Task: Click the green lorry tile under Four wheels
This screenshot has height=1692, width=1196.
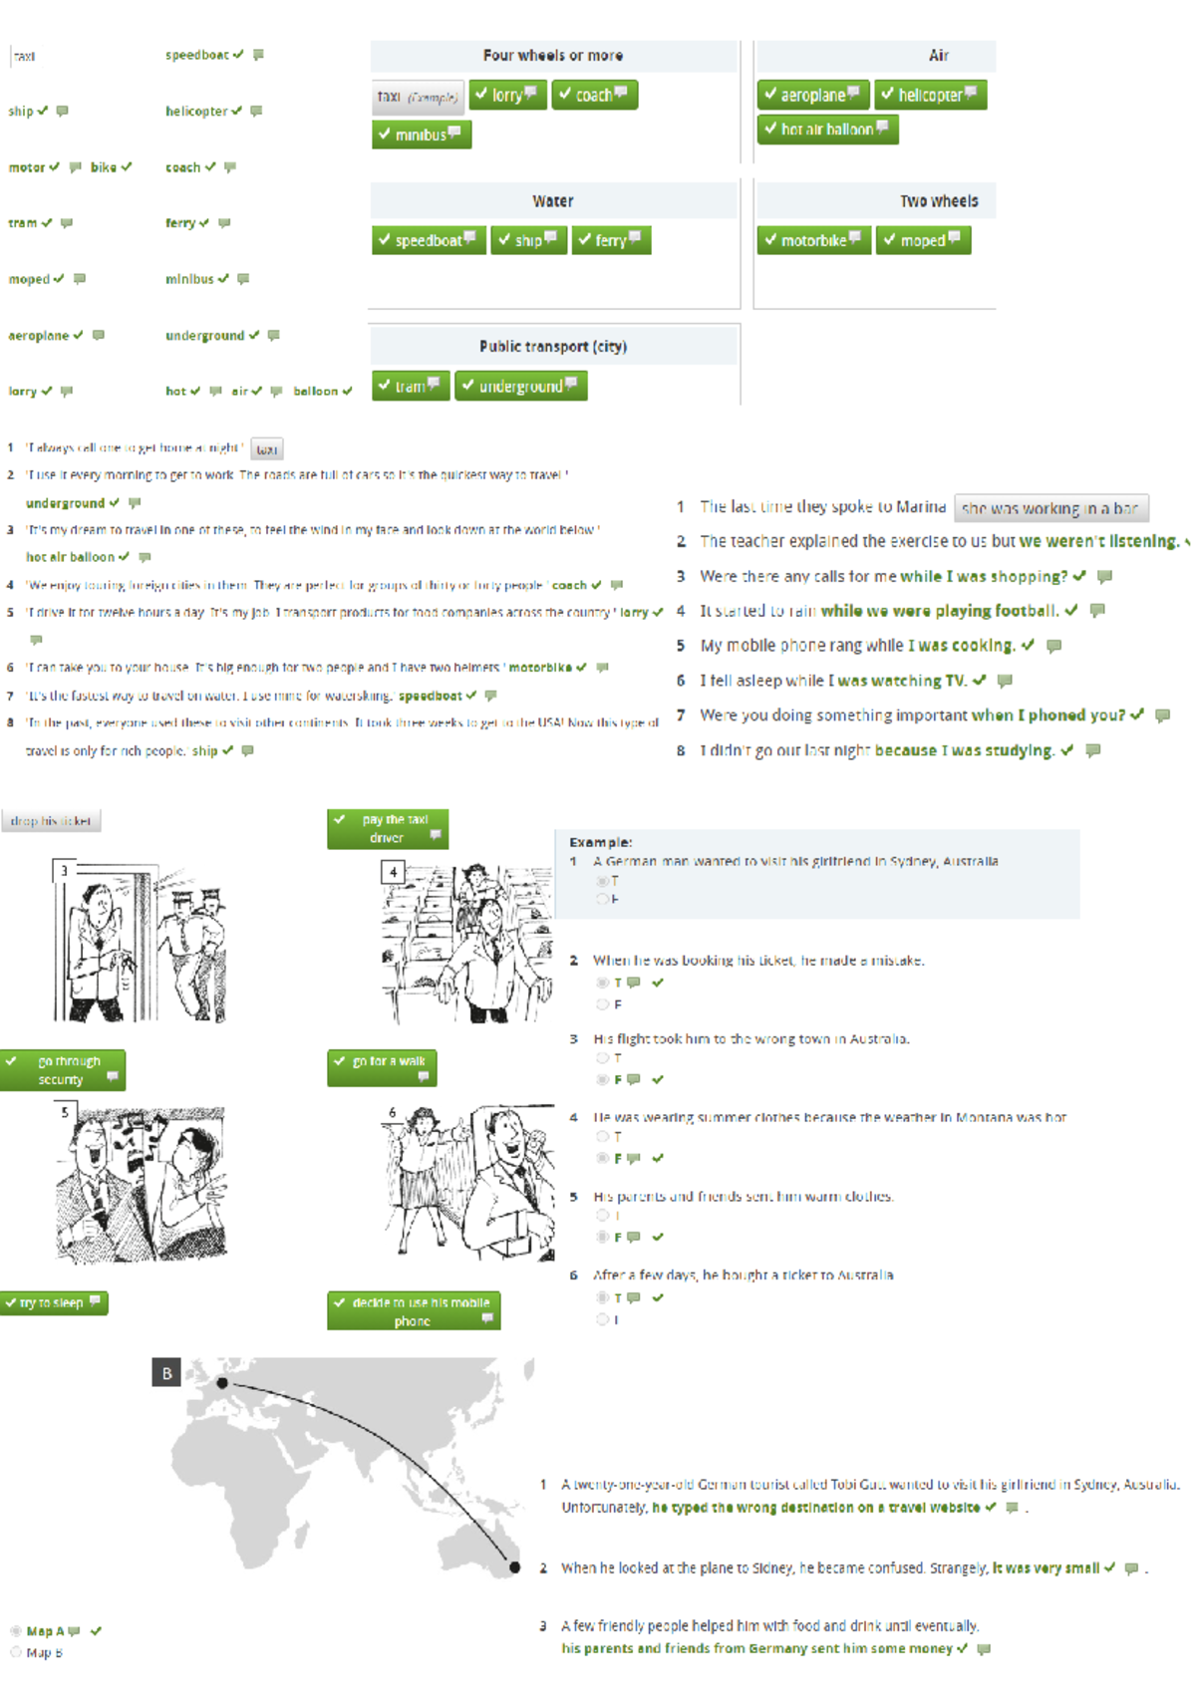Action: click(x=507, y=95)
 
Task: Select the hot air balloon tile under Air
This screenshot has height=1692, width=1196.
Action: click(x=827, y=130)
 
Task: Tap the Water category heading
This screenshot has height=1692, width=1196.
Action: click(x=552, y=201)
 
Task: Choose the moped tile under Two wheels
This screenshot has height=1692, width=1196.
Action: click(x=923, y=240)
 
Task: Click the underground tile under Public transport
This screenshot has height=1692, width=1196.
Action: click(x=520, y=386)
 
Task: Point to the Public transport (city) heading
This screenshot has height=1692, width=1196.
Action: click(x=552, y=347)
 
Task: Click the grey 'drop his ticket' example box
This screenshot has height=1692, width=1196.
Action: click(x=51, y=821)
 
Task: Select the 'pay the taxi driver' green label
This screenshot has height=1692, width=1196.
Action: click(x=388, y=828)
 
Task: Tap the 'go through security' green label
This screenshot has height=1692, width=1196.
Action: click(x=63, y=1070)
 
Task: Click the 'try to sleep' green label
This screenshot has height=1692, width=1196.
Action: click(x=54, y=1302)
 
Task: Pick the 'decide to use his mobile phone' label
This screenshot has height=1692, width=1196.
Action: click(x=414, y=1311)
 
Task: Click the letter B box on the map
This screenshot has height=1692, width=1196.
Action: click(x=166, y=1373)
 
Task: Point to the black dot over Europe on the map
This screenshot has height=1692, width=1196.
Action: click(x=222, y=1383)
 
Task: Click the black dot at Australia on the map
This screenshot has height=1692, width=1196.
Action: click(x=514, y=1567)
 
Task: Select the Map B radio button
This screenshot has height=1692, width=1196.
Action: click(x=16, y=1652)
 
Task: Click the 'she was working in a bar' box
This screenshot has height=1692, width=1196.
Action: click(x=1050, y=508)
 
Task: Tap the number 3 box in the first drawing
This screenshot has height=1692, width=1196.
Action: click(x=65, y=871)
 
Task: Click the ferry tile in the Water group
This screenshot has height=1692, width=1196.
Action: click(x=611, y=240)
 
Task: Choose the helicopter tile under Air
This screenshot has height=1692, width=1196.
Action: click(x=930, y=95)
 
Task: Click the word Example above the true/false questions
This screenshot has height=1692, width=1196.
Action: click(x=600, y=842)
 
